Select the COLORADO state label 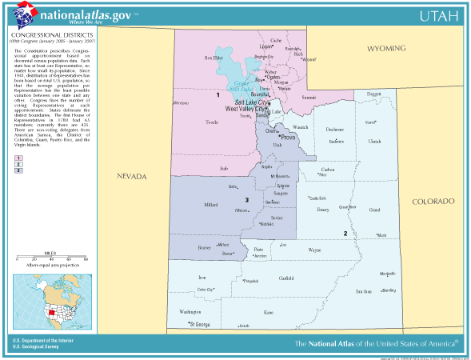pos(433,202)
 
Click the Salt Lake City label pos(249,102)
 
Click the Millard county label pos(211,205)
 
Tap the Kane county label pos(268,311)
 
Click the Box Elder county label pos(213,58)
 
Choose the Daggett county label pos(373,94)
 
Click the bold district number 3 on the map pos(247,199)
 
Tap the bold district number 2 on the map pos(345,234)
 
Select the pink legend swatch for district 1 pos(18,159)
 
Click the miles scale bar pos(50,256)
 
